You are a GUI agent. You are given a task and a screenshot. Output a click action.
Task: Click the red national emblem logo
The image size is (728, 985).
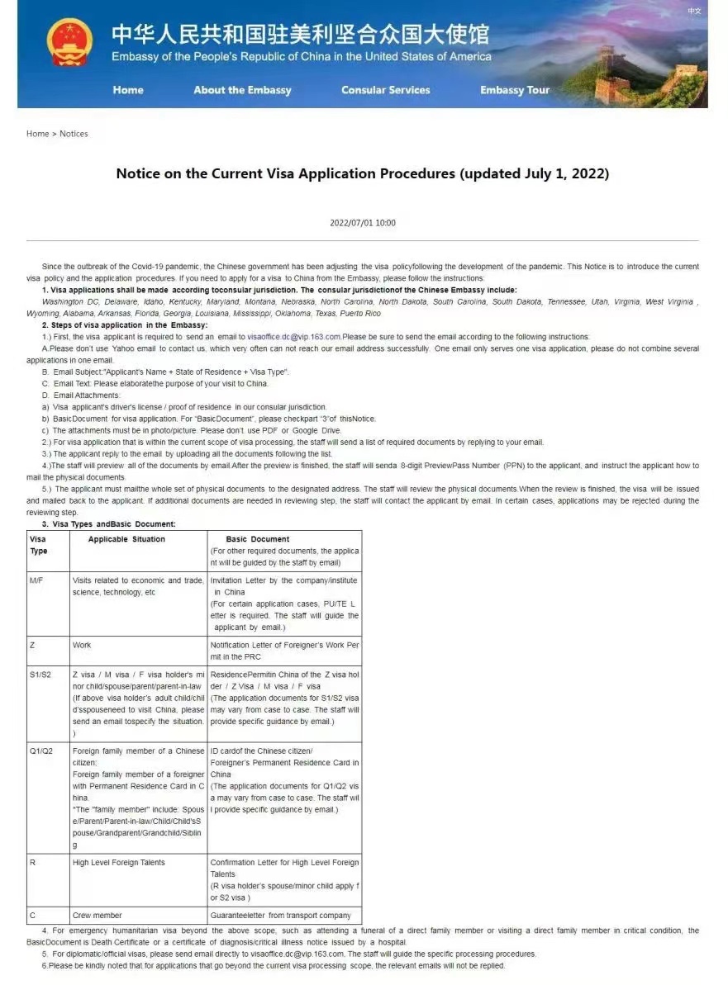tap(70, 42)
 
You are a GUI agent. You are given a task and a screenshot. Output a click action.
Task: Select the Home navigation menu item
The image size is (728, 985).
tap(128, 90)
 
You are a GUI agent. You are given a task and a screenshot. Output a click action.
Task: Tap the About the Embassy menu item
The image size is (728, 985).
tap(242, 90)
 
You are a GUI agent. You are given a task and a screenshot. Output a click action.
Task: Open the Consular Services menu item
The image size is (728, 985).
tap(386, 90)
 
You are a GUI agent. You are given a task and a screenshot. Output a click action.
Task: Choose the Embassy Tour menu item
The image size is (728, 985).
tap(515, 90)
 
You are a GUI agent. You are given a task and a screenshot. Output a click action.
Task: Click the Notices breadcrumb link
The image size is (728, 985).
tap(74, 134)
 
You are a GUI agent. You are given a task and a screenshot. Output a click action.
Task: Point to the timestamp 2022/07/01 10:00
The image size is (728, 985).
tap(363, 223)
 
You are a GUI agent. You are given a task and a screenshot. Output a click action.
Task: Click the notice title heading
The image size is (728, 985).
tap(363, 174)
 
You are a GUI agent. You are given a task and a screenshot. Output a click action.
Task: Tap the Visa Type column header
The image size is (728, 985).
tap(39, 545)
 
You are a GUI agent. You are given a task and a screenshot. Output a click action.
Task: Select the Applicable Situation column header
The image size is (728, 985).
tap(126, 539)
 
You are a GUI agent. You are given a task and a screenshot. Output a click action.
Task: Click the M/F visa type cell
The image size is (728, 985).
tap(36, 580)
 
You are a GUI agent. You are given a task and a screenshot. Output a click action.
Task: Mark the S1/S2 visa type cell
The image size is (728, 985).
tap(40, 675)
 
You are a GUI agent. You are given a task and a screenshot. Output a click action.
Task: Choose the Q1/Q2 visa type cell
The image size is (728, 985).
tap(40, 751)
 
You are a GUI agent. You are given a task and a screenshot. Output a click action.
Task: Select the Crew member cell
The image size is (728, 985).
tap(98, 915)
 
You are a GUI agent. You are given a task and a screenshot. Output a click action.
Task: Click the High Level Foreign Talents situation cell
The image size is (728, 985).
tap(119, 862)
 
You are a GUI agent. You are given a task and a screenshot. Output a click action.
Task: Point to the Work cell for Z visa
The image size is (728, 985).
tap(82, 645)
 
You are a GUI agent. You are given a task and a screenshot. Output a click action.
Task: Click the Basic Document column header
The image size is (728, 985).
tap(258, 539)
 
